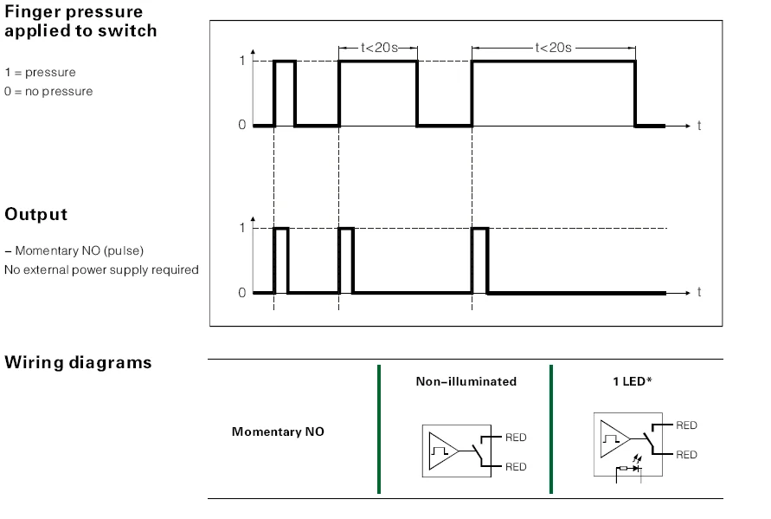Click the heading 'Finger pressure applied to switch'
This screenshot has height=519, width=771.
click(80, 21)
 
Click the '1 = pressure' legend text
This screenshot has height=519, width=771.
click(41, 73)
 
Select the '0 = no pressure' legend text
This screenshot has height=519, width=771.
click(48, 92)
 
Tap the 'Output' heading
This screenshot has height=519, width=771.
click(35, 215)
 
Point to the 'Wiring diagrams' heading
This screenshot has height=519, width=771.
click(78, 363)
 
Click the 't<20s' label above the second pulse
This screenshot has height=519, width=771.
click(379, 48)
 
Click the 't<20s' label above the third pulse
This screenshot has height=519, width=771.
click(553, 48)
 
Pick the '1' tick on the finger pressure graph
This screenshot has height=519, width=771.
click(242, 61)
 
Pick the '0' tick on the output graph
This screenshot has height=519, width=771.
click(242, 293)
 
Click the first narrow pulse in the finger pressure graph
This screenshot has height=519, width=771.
click(285, 93)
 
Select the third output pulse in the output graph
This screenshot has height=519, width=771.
click(480, 261)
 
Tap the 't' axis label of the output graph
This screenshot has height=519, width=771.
click(699, 292)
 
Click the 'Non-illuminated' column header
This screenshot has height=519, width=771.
click(466, 381)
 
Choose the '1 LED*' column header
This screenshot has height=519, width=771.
click(633, 381)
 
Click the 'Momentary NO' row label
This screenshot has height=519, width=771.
click(278, 431)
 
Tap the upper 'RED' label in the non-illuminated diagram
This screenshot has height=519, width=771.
click(516, 438)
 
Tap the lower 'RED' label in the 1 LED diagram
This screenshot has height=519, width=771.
click(686, 455)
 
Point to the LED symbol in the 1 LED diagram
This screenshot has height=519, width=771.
click(636, 465)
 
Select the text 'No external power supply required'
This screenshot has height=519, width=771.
click(101, 269)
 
